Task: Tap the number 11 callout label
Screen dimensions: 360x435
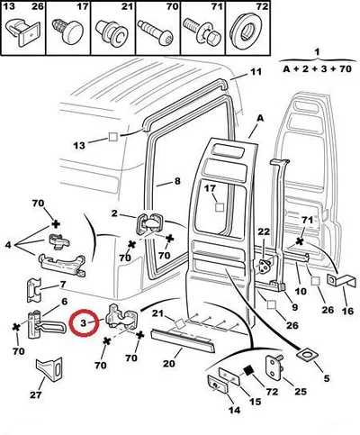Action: tap(256, 72)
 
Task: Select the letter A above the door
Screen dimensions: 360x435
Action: tap(260, 118)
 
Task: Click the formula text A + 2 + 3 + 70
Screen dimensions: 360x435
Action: tap(317, 69)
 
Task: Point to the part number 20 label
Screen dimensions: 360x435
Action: tap(168, 364)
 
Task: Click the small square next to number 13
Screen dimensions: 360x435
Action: tap(113, 137)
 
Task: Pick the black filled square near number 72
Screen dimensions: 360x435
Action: tap(248, 371)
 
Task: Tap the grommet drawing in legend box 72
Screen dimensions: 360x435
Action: tap(247, 27)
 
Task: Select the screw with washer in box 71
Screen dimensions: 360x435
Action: tap(202, 31)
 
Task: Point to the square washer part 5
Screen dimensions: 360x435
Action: tap(307, 355)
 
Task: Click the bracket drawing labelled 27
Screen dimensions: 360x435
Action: tap(49, 369)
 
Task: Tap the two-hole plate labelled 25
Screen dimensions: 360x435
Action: tap(274, 366)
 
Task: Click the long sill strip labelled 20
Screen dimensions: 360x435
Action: tap(183, 341)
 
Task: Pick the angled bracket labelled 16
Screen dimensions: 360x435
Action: tap(342, 282)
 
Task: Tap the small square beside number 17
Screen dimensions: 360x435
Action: tap(220, 207)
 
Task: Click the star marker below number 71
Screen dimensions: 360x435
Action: tap(299, 240)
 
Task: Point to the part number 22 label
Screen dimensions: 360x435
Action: tap(264, 231)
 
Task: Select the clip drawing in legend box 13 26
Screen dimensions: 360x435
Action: tap(23, 32)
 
